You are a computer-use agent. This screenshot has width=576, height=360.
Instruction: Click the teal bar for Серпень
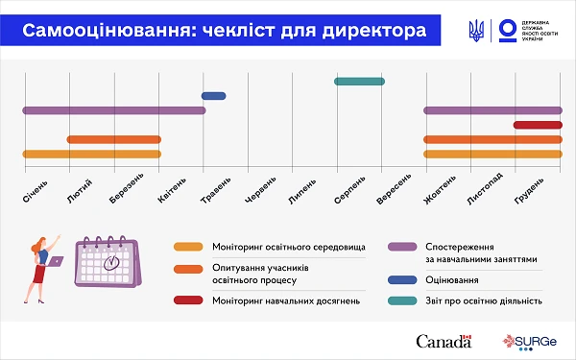pos(359,81)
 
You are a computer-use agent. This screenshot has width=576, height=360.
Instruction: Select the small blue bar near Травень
pos(213,96)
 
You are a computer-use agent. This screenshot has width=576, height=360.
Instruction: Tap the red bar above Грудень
pos(538,125)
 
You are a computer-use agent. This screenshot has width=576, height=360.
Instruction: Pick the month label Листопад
pos(484,190)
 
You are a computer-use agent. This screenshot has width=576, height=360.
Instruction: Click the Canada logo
pos(444,341)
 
